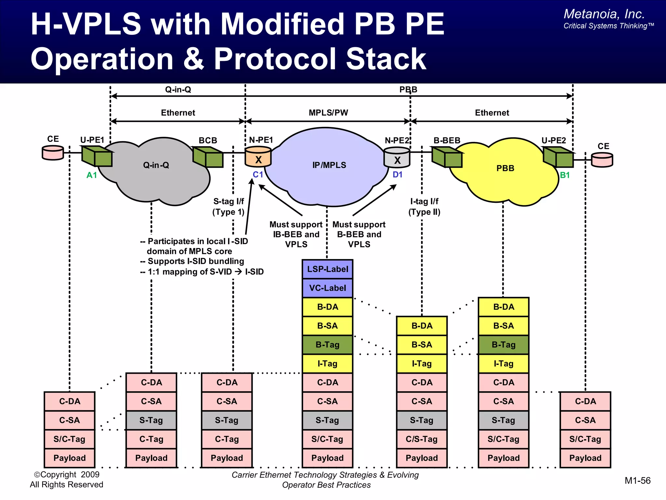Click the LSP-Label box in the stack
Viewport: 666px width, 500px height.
point(327,269)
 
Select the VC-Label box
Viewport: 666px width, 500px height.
point(327,288)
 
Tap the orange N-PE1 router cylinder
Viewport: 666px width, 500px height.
point(258,157)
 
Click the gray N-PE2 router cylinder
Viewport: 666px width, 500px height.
point(397,157)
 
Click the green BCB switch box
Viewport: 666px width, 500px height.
point(208,157)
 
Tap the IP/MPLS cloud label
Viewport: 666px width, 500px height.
point(329,165)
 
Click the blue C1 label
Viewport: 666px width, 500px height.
point(258,175)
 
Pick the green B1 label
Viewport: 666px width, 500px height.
point(565,175)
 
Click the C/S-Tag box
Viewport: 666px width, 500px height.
point(422,439)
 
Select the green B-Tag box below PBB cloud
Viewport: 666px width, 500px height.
point(503,345)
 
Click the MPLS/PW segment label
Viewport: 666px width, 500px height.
point(328,113)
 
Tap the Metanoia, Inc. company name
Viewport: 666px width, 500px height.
point(604,14)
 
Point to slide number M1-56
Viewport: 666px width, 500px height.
point(637,481)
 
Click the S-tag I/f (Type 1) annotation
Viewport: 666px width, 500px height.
point(228,207)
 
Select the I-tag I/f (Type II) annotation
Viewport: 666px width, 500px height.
point(424,207)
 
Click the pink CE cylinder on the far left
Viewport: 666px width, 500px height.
point(53,153)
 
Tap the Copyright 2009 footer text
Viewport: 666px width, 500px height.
point(67,475)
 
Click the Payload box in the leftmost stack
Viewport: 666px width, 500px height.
point(70,458)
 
